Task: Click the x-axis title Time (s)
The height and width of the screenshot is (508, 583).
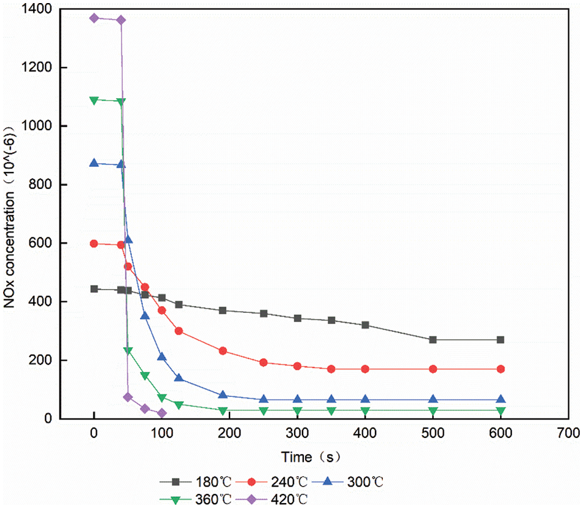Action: click(x=311, y=457)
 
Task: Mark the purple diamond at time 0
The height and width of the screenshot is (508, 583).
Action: click(x=94, y=18)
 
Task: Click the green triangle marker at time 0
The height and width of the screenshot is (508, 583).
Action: click(x=94, y=100)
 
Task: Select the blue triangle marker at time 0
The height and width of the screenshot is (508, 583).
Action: click(x=94, y=163)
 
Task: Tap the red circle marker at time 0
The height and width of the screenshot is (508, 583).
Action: click(x=94, y=244)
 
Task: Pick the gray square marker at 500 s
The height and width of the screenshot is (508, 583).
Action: click(x=433, y=340)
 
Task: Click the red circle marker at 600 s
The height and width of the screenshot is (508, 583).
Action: click(x=501, y=369)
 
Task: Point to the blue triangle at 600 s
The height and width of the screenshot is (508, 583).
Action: click(x=501, y=399)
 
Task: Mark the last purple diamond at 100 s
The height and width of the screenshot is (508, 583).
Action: click(x=161, y=414)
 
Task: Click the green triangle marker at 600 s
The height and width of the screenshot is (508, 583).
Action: click(x=501, y=410)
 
